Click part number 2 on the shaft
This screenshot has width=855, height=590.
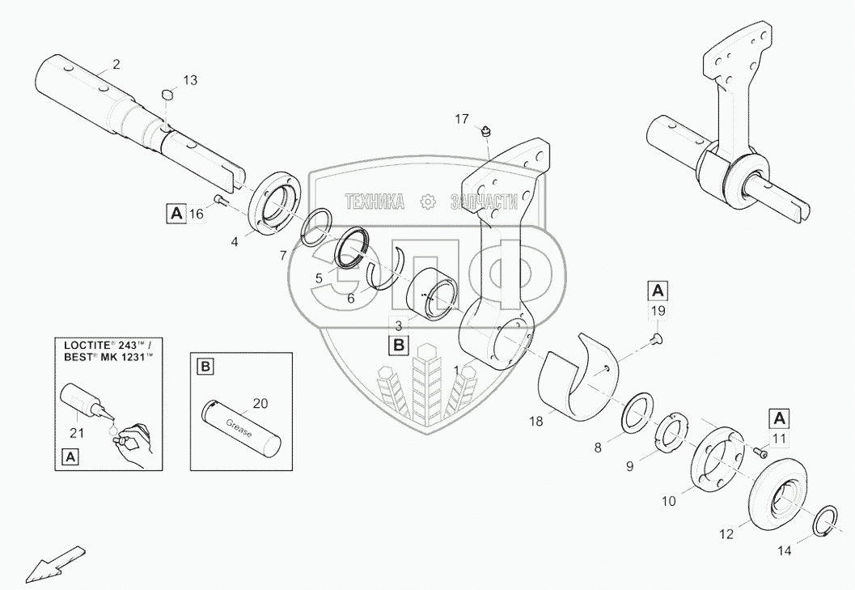[116, 64]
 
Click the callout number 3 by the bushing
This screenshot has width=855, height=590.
[397, 325]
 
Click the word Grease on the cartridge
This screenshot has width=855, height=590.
[239, 426]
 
